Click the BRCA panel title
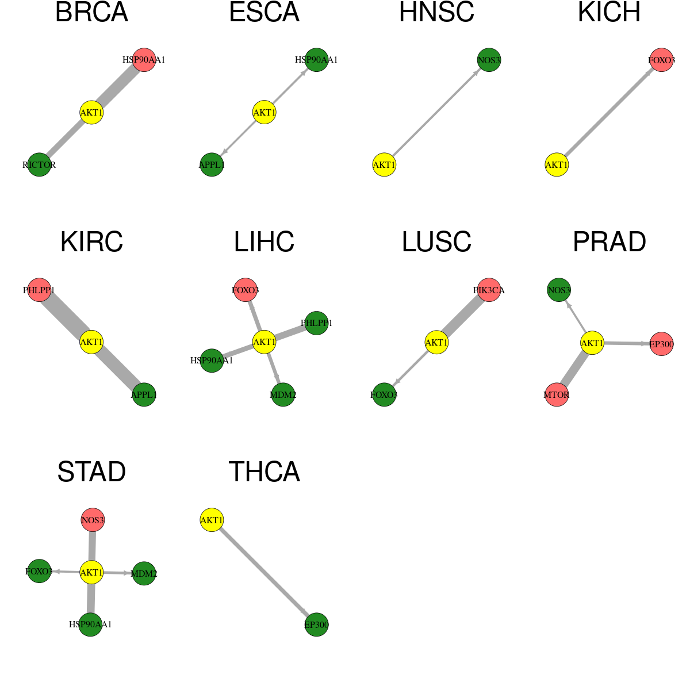click(x=91, y=12)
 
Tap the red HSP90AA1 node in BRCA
click(x=144, y=60)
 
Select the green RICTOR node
click(x=39, y=164)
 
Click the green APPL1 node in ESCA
click(x=212, y=164)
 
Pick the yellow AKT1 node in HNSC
click(x=384, y=164)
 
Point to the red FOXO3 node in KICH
click(x=661, y=60)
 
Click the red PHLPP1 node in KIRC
click(x=39, y=290)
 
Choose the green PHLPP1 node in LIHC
click(x=316, y=323)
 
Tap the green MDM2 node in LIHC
click(x=283, y=394)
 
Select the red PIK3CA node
click(x=489, y=290)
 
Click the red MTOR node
click(x=557, y=394)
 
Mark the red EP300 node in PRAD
click(x=661, y=344)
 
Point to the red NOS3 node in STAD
click(x=93, y=520)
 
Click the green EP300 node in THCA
click(x=316, y=625)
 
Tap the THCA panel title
click(x=264, y=471)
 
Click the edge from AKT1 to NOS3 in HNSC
click(x=436, y=113)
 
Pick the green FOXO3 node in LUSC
click(x=384, y=394)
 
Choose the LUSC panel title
click(x=436, y=241)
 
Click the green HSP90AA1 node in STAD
click(x=90, y=624)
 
